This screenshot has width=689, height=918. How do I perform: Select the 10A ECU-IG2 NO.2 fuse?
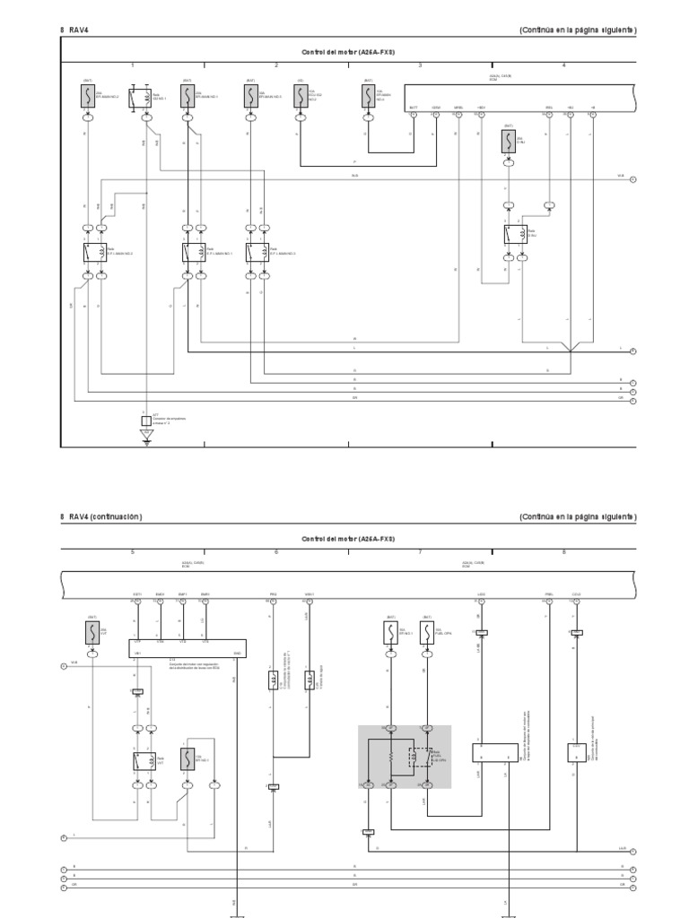point(301,96)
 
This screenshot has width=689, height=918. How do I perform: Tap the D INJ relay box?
point(515,234)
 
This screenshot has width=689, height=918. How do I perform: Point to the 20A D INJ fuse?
point(508,142)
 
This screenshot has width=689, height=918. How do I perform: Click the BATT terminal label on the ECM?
point(414,108)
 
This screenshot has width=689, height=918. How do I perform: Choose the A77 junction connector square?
point(145,420)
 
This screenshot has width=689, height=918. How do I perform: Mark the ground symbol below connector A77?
point(145,437)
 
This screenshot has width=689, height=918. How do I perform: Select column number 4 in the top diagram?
point(563,65)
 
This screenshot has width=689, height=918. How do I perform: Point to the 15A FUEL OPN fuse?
point(428,634)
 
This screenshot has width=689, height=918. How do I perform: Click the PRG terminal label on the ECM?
point(273,593)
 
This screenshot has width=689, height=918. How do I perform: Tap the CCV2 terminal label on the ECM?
point(576,593)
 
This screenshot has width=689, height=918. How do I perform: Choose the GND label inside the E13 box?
point(237,653)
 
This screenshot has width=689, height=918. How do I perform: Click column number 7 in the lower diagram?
point(420,552)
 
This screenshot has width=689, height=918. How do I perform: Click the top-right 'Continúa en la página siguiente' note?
point(578,30)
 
